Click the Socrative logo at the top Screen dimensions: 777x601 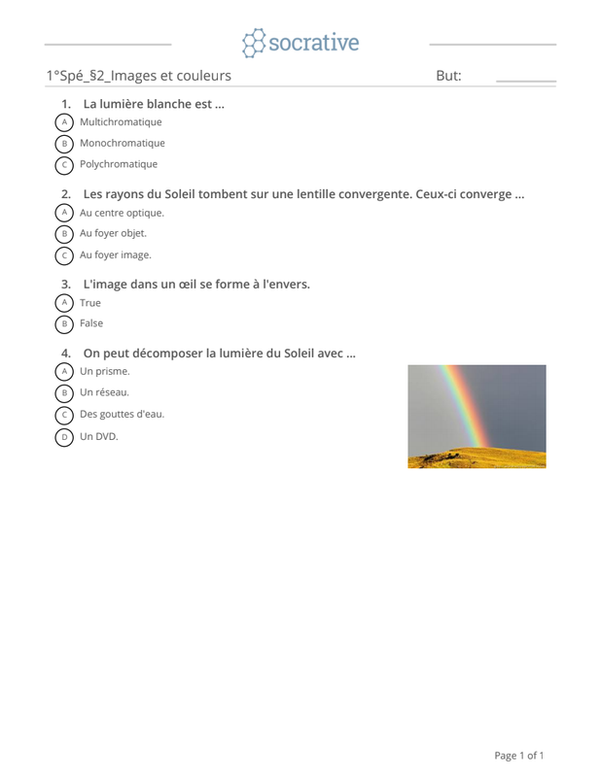300,43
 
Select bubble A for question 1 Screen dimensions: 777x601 64,122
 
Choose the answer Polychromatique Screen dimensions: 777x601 119,164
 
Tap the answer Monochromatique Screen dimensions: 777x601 123,143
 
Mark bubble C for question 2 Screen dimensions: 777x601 64,255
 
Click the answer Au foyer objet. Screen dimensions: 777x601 113,233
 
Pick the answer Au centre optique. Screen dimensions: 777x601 122,213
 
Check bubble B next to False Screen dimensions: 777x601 64,324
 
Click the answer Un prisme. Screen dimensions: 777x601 104,371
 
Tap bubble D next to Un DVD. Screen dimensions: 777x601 64,438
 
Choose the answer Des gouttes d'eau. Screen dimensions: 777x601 122,414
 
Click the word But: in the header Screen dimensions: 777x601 448,76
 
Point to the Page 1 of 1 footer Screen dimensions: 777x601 518,756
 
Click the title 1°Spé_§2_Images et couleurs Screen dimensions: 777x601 138,76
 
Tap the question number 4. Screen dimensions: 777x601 65,354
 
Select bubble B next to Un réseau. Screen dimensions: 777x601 64,393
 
